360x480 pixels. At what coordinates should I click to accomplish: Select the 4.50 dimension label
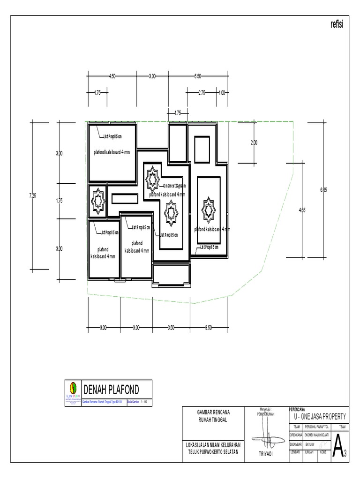[x=112, y=76]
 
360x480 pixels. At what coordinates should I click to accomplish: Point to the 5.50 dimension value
[x=197, y=76]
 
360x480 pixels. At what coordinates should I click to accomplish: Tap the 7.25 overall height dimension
[x=32, y=196]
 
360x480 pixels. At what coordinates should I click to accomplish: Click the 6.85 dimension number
[x=323, y=190]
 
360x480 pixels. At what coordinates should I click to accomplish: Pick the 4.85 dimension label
[x=302, y=210]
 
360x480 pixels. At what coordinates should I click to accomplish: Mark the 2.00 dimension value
[x=254, y=142]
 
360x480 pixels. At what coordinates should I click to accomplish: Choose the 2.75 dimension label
[x=202, y=93]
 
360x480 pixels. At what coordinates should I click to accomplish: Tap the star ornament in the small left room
[x=97, y=200]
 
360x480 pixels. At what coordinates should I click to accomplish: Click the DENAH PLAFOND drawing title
[x=111, y=389]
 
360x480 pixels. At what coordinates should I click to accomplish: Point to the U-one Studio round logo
[x=73, y=388]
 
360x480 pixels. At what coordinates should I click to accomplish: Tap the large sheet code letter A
[x=337, y=450]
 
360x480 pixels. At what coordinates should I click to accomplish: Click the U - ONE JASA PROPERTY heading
[x=320, y=416]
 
